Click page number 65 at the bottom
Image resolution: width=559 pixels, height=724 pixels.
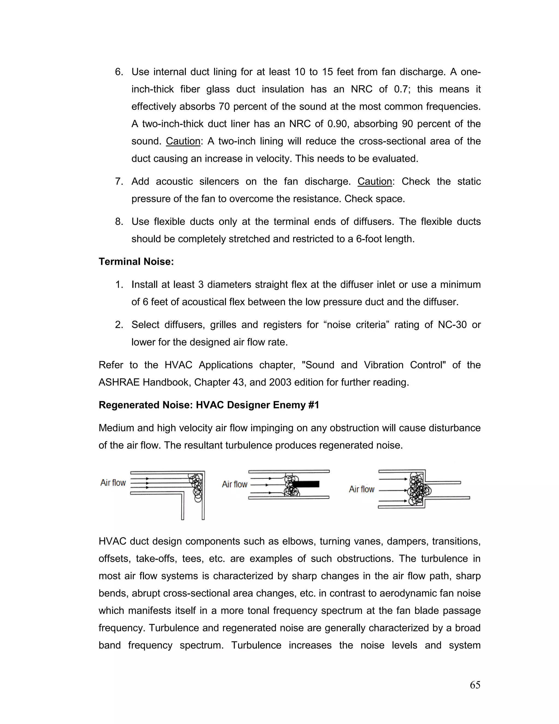click(x=475, y=685)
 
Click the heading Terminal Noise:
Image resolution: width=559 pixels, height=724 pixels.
click(x=136, y=261)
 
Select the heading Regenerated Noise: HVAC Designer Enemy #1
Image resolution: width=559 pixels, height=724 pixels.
click(x=209, y=405)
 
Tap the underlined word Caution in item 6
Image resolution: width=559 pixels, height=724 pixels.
click(x=183, y=141)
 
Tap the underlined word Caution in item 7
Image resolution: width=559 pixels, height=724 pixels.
click(x=374, y=181)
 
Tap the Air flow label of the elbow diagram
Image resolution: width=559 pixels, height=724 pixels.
click(x=113, y=483)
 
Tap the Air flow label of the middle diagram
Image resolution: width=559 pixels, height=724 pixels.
click(x=235, y=484)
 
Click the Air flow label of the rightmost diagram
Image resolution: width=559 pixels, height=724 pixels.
click(x=362, y=489)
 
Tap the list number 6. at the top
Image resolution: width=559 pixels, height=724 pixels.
click(x=119, y=72)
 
